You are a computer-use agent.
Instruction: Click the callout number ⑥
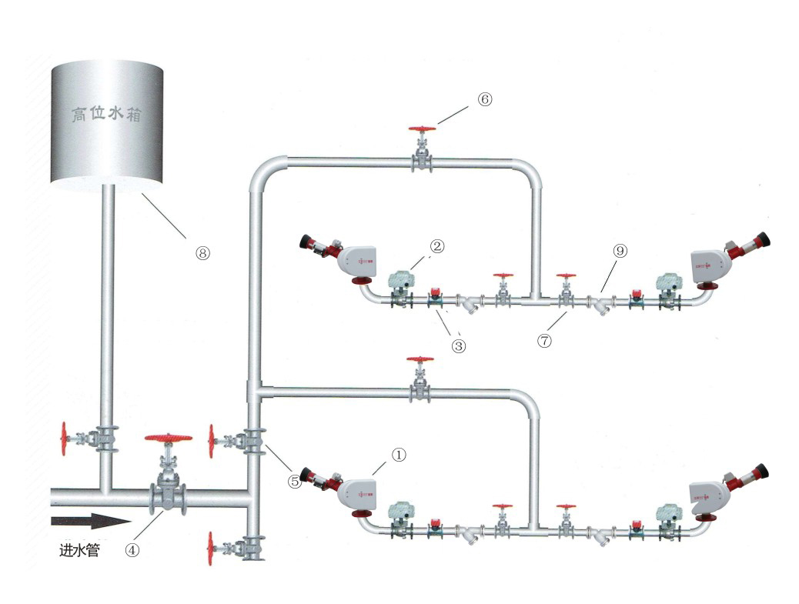(x=483, y=100)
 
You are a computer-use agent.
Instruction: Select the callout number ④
(x=132, y=551)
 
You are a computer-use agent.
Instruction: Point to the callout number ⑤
(x=293, y=482)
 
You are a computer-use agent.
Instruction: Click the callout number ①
(x=398, y=456)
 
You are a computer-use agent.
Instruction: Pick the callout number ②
(x=436, y=246)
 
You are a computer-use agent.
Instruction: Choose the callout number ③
(x=459, y=345)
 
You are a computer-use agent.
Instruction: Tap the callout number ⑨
(x=620, y=251)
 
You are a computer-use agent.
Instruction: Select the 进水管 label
(x=79, y=551)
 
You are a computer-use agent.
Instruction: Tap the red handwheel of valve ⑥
(x=420, y=129)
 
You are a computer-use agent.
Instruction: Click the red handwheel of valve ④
(x=168, y=438)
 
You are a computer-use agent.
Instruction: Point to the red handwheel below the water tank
(x=65, y=439)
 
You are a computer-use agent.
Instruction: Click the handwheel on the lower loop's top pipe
(x=420, y=359)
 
